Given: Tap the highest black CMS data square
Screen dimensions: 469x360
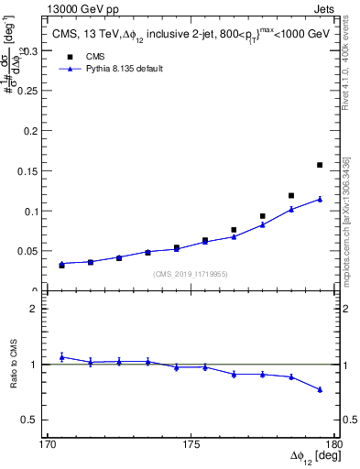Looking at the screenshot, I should click(x=320, y=165).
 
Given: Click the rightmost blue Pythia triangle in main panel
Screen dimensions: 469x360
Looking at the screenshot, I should click(x=320, y=199).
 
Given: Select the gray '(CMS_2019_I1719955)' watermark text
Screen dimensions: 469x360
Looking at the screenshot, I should click(x=191, y=272).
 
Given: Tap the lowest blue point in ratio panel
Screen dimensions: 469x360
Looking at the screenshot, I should click(x=320, y=389).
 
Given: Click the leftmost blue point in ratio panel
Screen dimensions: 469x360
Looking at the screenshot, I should click(x=61, y=357).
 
